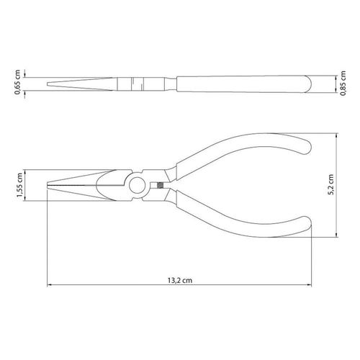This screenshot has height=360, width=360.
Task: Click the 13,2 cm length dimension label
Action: pyautogui.click(x=180, y=280)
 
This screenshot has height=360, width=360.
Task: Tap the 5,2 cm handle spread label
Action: pyautogui.click(x=330, y=184)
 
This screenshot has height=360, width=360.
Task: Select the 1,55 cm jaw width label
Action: pyautogui.click(x=19, y=185)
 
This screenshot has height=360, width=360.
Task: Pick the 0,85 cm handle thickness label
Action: pyautogui.click(x=343, y=84)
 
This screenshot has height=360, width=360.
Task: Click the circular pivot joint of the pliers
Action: pyautogui.click(x=138, y=185)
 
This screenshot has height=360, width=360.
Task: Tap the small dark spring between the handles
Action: pyautogui.click(x=160, y=185)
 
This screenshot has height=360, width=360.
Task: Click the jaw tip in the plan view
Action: pyautogui.click(x=47, y=185)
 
